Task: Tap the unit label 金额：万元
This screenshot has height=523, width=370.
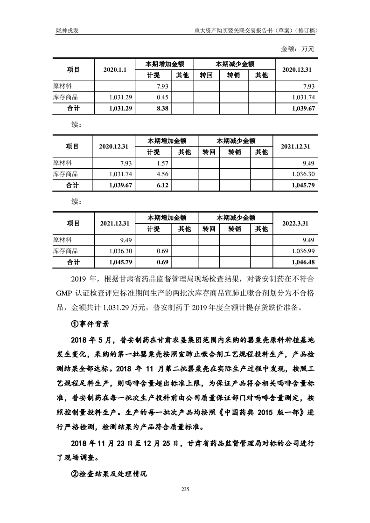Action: (298, 48)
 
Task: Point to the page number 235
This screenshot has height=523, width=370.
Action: (185, 489)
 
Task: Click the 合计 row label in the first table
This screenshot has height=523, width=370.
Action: (73, 108)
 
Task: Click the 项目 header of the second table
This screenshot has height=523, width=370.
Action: (72, 146)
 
